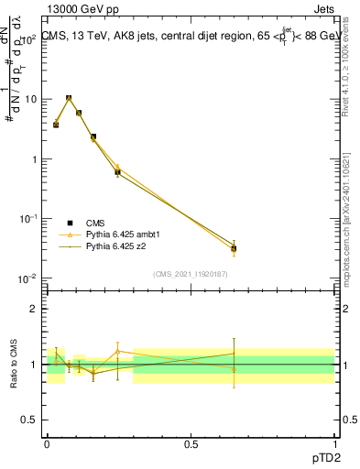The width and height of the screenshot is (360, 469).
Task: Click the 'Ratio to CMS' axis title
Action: (14, 365)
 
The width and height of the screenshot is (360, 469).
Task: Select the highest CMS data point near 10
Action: (69, 98)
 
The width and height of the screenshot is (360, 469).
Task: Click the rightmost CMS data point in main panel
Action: (234, 248)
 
